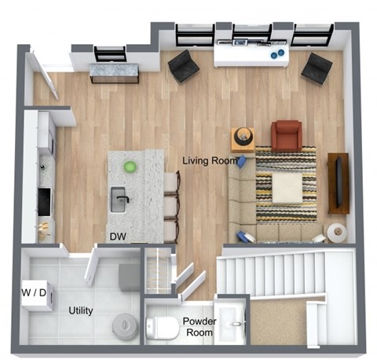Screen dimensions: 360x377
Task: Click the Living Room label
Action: coord(210,160)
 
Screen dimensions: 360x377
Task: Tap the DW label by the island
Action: coord(119,236)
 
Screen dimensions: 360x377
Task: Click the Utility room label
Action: coord(80,310)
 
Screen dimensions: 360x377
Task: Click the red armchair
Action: coord(286,135)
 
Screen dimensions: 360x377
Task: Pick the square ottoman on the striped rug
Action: coord(287,187)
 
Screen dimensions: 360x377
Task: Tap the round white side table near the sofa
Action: coord(338,232)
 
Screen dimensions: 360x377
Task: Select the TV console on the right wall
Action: coord(339,182)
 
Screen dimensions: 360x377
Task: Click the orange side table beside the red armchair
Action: coord(243,138)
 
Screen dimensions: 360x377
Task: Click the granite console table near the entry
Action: coord(115,73)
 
